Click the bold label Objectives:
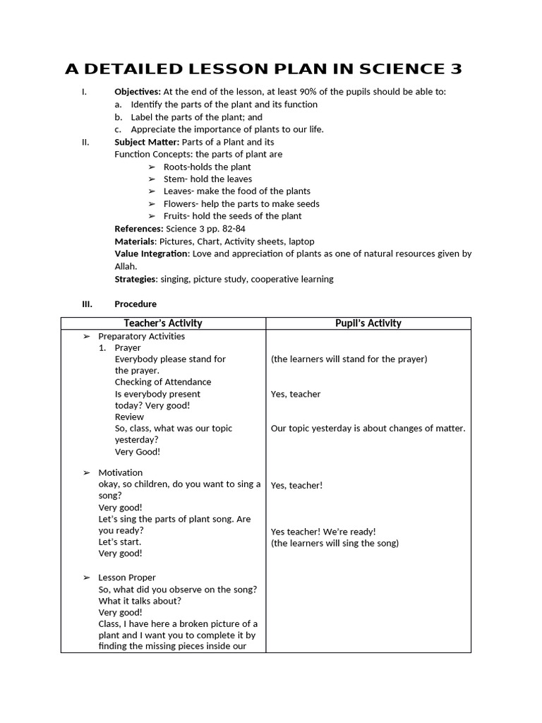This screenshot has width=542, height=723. click(x=138, y=92)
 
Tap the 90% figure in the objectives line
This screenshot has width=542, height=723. click(x=320, y=92)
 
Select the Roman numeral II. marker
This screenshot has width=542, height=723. click(x=85, y=142)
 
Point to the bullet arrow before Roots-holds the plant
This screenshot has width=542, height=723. click(x=152, y=167)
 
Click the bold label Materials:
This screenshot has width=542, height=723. click(x=135, y=241)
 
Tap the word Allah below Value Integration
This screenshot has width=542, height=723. click(x=125, y=266)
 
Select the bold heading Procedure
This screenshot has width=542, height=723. click(x=135, y=304)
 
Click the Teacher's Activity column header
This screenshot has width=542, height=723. click(x=163, y=323)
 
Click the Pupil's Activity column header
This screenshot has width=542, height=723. click(x=368, y=323)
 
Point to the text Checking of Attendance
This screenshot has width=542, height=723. click(x=163, y=382)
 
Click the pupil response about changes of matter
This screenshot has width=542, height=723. click(x=368, y=429)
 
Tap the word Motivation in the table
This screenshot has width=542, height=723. click(x=120, y=472)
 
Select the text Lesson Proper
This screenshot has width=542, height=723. click(x=127, y=578)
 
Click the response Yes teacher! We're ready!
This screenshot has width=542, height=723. click(x=323, y=532)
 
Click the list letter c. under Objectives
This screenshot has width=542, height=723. click(x=118, y=129)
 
